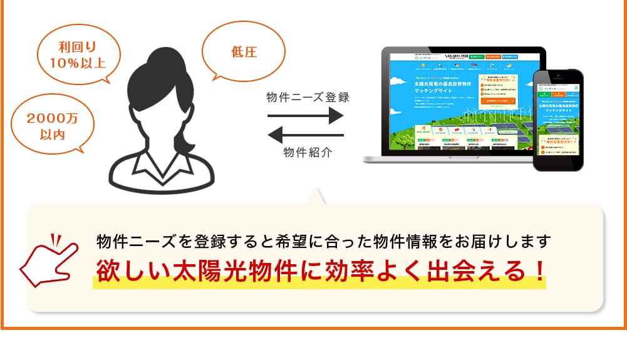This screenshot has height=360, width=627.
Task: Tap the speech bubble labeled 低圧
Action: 244,52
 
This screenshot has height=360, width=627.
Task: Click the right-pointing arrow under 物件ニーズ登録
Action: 305,116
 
